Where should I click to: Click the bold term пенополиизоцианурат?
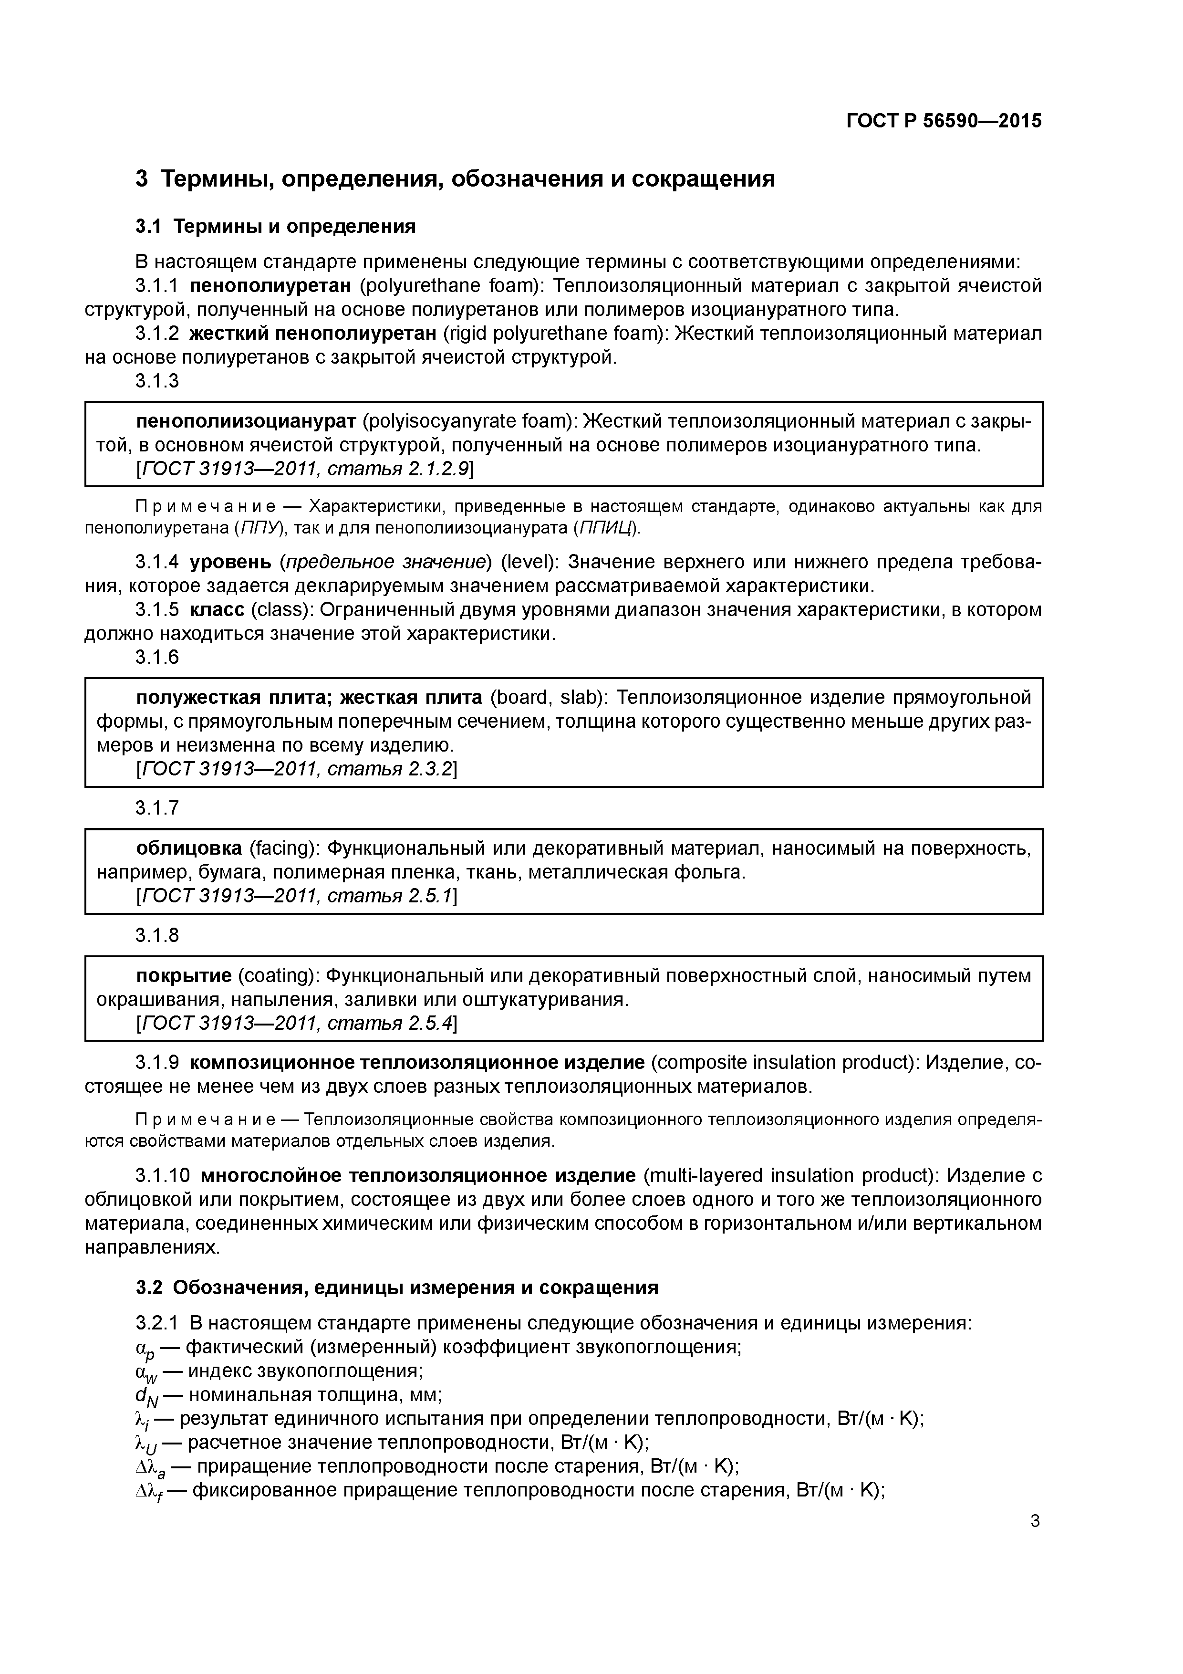(x=246, y=421)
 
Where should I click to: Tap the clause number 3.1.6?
(x=157, y=657)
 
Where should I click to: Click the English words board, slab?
(x=550, y=698)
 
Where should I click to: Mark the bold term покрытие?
(x=184, y=975)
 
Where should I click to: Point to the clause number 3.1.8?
(x=157, y=935)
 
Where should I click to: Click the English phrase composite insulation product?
(x=785, y=1062)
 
